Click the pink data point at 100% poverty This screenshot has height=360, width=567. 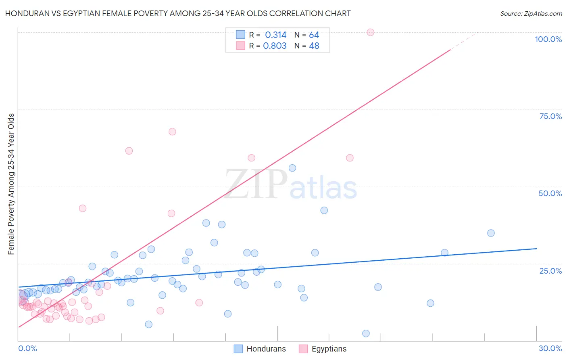click(x=370, y=32)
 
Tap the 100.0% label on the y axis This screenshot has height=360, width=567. click(x=548, y=39)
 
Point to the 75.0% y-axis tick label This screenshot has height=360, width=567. click(x=550, y=116)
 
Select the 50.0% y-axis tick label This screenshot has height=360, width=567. click(x=550, y=193)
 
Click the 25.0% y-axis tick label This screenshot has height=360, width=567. click(x=550, y=271)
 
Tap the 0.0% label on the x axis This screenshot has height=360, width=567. click(x=27, y=348)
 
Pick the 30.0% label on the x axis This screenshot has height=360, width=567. click(x=550, y=348)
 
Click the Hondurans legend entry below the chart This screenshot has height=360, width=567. click(x=260, y=349)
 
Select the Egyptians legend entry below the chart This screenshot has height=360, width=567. click(x=323, y=349)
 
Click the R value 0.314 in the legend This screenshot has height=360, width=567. click(x=275, y=35)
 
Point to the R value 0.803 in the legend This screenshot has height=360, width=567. click(x=275, y=46)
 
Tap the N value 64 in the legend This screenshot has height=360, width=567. click(x=314, y=35)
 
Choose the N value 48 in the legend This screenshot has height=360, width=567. click(x=314, y=46)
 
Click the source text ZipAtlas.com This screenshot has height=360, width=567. click(x=531, y=14)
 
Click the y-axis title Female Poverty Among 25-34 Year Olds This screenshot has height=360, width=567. click(x=11, y=184)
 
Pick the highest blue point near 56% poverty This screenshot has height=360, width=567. click(x=292, y=168)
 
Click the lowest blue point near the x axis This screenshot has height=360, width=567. click(x=366, y=333)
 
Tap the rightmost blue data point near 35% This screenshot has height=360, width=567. click(x=491, y=233)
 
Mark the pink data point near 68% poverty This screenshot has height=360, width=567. click(x=172, y=132)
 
